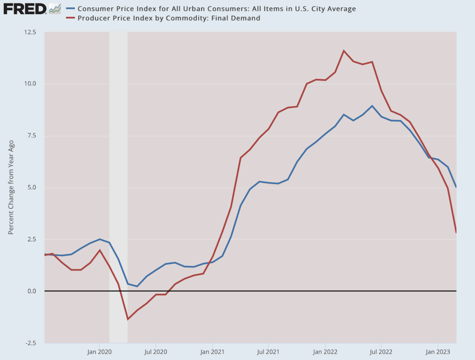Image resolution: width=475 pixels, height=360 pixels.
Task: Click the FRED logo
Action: (x=25, y=8)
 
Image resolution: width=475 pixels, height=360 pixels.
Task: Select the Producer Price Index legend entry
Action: (x=169, y=18)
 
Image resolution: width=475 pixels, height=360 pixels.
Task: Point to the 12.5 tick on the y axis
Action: (x=30, y=32)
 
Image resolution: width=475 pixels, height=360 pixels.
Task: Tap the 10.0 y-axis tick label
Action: (x=30, y=84)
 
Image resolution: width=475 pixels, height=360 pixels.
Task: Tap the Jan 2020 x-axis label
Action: (x=99, y=351)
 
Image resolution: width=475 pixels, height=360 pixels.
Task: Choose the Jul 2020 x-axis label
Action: (x=156, y=351)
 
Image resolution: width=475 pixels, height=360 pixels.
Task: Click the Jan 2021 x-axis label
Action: (x=213, y=351)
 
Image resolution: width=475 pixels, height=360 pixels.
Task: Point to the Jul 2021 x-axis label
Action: (x=268, y=351)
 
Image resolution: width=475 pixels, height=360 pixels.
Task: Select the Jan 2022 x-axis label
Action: (x=325, y=351)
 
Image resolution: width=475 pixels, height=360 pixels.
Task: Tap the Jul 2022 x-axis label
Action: (x=381, y=351)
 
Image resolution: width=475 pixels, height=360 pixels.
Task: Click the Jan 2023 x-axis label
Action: (x=437, y=351)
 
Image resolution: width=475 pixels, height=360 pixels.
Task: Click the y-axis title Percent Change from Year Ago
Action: (x=11, y=187)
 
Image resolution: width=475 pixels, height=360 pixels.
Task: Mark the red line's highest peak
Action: (x=344, y=51)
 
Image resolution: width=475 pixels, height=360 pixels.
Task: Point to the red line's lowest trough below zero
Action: (x=127, y=319)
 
